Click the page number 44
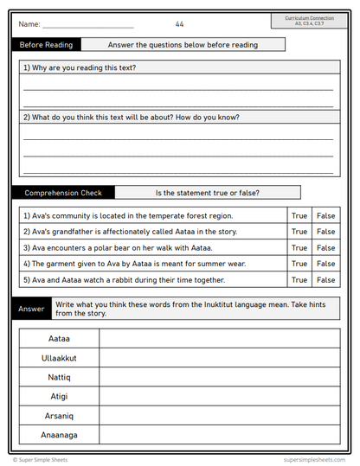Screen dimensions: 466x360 (179, 24)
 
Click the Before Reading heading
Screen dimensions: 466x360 (47, 45)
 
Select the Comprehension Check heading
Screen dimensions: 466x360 (62, 193)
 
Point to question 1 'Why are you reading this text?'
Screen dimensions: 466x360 (80, 67)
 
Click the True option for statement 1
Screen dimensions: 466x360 (299, 215)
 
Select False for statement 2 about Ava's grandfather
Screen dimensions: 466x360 (325, 232)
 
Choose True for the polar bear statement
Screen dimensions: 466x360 (299, 248)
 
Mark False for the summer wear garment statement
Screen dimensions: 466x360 (325, 264)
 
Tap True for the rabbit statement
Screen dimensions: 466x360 (299, 280)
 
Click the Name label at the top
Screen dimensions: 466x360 (29, 24)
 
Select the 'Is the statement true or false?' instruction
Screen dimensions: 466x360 (207, 193)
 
